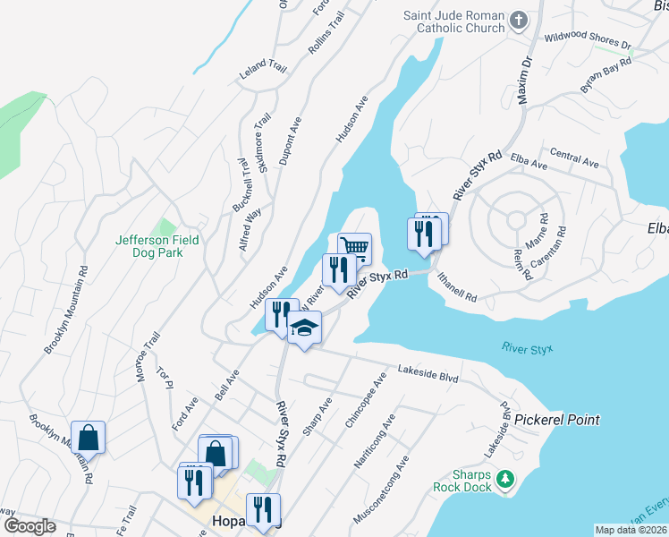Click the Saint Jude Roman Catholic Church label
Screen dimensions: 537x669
[453, 21]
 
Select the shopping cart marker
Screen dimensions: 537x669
[355, 247]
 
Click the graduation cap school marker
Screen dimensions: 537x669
[304, 328]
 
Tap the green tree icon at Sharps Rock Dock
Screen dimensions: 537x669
[506, 480]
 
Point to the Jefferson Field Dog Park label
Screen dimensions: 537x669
[157, 246]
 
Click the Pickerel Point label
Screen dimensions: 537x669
[556, 420]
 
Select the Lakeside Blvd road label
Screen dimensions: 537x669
[428, 373]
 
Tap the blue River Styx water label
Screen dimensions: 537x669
[528, 347]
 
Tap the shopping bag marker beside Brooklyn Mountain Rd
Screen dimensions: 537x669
[89, 439]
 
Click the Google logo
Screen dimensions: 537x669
[30, 526]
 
